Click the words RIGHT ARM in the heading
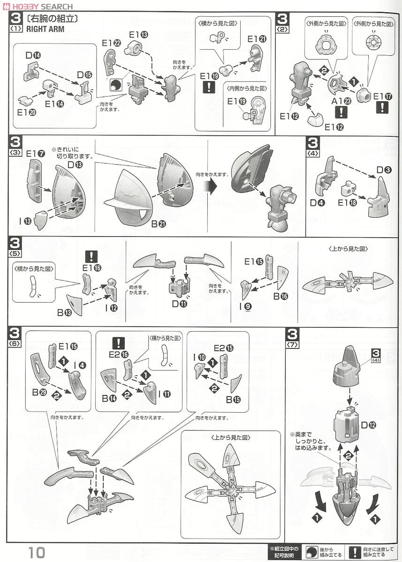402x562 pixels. coord(45,28)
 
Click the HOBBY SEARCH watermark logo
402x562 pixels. coord(38,6)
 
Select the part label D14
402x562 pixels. coord(33,56)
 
